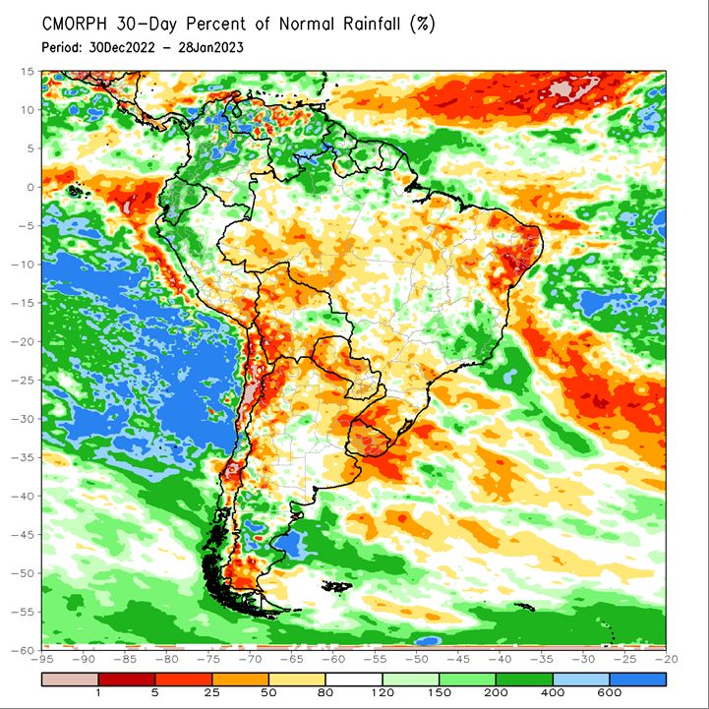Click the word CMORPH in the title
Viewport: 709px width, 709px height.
pos(75,24)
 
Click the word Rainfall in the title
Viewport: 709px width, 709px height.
pos(372,24)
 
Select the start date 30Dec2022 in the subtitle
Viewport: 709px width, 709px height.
pos(122,47)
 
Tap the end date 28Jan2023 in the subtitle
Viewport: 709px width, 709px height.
pos(210,47)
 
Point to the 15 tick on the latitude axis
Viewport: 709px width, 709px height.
pos(28,72)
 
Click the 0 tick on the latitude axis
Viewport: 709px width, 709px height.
pos(30,187)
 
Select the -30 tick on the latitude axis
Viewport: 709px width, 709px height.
pos(23,419)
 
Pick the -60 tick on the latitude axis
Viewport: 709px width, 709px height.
pos(23,650)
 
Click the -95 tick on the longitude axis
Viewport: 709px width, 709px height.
pos(41,659)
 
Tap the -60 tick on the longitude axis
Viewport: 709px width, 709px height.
pos(333,659)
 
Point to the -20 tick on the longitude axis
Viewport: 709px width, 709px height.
pos(666,659)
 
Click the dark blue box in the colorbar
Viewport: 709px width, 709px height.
pos(637,679)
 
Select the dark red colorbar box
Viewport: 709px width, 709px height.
pos(127,679)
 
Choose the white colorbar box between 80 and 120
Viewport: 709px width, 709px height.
pos(354,679)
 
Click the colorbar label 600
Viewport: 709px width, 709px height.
pos(609,692)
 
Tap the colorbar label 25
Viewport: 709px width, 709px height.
pos(211,692)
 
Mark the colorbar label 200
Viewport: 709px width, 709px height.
pos(496,692)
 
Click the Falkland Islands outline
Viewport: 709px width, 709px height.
pos(337,586)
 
